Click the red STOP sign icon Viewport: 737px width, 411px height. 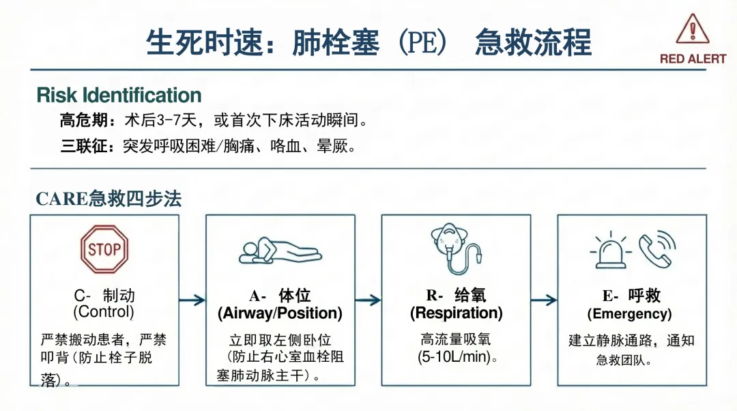pyautogui.click(x=104, y=249)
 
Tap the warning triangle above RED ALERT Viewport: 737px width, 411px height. pyautogui.click(x=693, y=29)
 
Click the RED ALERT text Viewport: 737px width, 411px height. pyautogui.click(x=693, y=59)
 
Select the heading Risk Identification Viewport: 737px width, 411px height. pyautogui.click(x=119, y=95)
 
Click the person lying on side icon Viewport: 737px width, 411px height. pyautogui.click(x=280, y=251)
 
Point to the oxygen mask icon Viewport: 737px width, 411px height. pyautogui.click(x=456, y=248)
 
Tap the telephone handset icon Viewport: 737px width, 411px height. pyautogui.click(x=656, y=249)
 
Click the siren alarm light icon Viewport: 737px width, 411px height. pyautogui.click(x=611, y=250)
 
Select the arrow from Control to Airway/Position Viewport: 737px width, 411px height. pyautogui.click(x=192, y=300)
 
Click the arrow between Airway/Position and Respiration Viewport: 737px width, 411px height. pyautogui.click(x=368, y=300)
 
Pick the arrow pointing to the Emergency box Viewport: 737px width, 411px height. pyautogui.click(x=544, y=300)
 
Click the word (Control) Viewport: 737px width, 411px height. pyautogui.click(x=104, y=312)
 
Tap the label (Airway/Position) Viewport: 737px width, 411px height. pyautogui.click(x=280, y=313)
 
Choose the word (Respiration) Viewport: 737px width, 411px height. pyautogui.click(x=456, y=313)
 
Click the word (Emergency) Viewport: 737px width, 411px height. pyautogui.click(x=629, y=313)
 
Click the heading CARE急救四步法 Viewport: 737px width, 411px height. pyautogui.click(x=109, y=199)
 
